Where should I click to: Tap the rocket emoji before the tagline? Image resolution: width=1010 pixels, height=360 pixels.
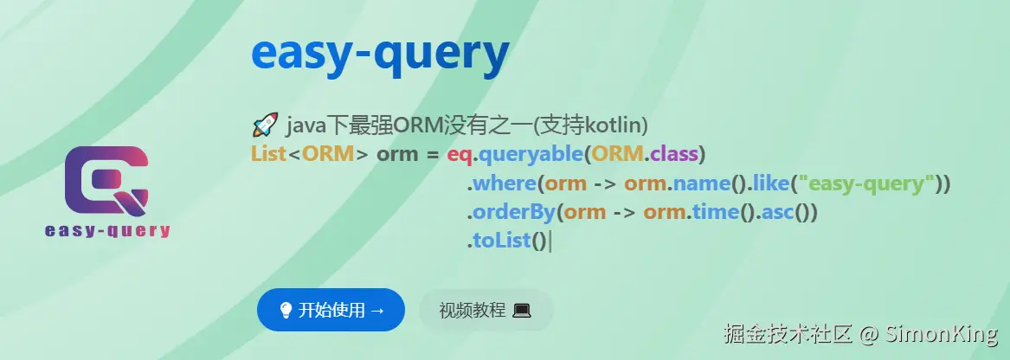point(265,125)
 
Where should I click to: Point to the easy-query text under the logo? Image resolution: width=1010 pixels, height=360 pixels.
point(107,230)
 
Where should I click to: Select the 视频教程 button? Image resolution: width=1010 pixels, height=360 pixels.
point(486,311)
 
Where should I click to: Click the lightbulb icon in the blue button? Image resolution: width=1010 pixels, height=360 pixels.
point(286,311)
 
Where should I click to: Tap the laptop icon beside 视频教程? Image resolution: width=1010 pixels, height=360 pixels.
point(522,311)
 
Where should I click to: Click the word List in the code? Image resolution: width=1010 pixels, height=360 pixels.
point(268,155)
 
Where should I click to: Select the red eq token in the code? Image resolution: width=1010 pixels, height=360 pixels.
point(460,156)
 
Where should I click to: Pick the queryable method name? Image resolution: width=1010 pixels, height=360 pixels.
point(531,156)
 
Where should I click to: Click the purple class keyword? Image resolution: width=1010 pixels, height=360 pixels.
point(674,155)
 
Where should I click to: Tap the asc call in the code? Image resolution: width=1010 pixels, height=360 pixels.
point(778,213)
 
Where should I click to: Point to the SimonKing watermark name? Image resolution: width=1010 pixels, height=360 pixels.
point(941,333)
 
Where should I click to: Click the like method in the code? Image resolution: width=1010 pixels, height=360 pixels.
point(771,183)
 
